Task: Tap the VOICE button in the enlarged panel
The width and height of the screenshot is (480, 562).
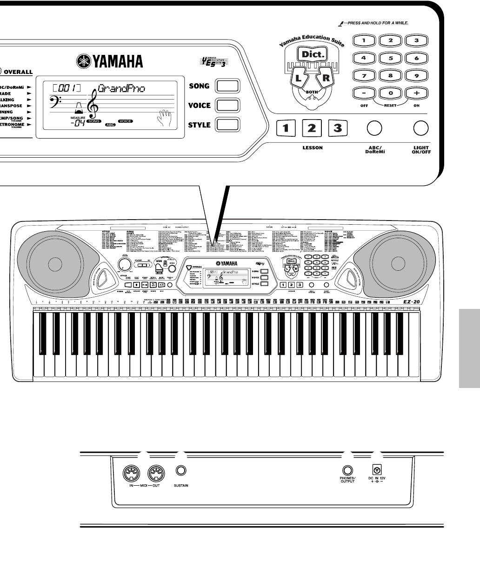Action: coord(228,106)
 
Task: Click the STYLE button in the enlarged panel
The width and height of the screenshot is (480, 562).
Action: coord(228,125)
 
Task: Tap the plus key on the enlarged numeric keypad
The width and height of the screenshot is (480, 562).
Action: coord(417,92)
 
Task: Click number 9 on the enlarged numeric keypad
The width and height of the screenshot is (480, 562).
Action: coord(417,75)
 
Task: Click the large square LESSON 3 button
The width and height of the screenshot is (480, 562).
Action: coord(338,127)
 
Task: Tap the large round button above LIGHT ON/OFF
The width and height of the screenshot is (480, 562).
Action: coord(421,127)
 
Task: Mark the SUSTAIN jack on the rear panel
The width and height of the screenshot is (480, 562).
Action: coord(181,471)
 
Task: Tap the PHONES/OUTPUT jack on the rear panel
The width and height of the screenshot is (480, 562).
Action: coord(347,471)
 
